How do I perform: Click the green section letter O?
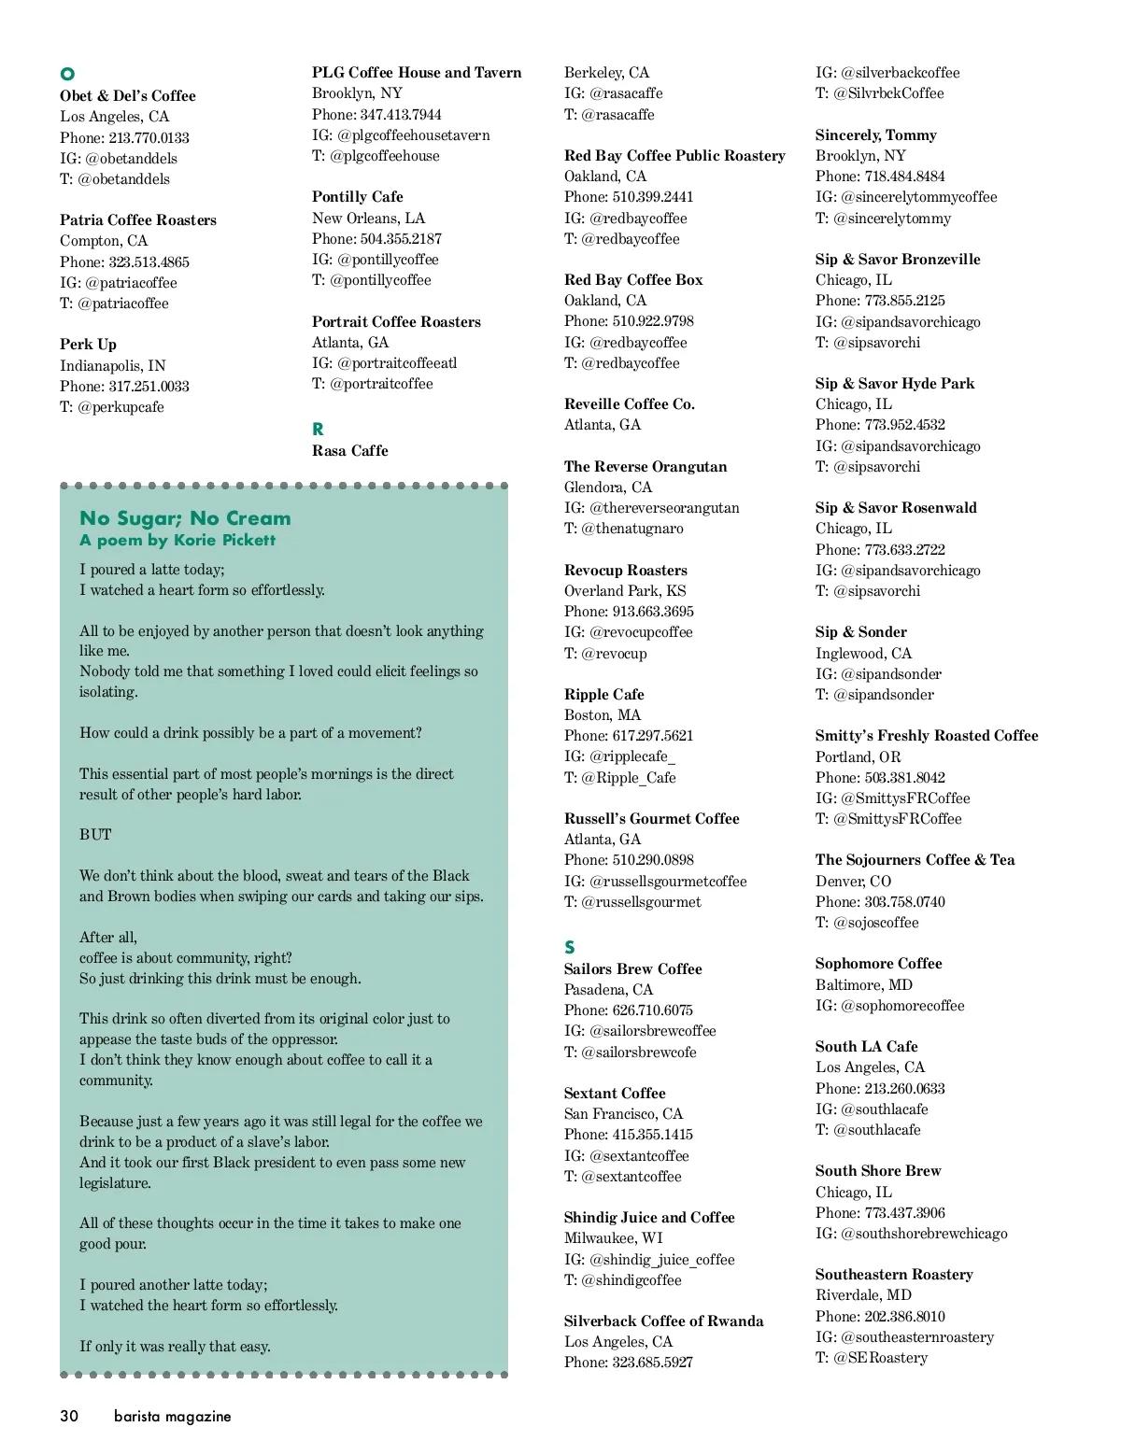[67, 74]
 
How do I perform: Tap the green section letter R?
[318, 429]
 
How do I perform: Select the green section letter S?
[570, 947]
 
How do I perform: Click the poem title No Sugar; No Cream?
[185, 518]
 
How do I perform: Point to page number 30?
[69, 1416]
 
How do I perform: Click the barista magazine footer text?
[172, 1416]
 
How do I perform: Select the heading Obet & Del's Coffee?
[128, 95]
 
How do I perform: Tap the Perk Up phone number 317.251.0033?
[149, 386]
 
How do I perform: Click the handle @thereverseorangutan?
[664, 507]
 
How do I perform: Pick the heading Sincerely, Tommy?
[875, 134]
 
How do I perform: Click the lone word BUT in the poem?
[95, 834]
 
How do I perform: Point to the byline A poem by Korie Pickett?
[177, 540]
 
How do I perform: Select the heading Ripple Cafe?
[603, 694]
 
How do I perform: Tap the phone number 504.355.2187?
[401, 238]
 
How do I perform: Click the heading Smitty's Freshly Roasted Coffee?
[927, 735]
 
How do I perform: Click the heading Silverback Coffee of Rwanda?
[663, 1321]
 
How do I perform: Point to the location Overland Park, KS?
[625, 590]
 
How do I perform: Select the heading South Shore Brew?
[878, 1170]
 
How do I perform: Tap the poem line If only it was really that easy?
[175, 1346]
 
